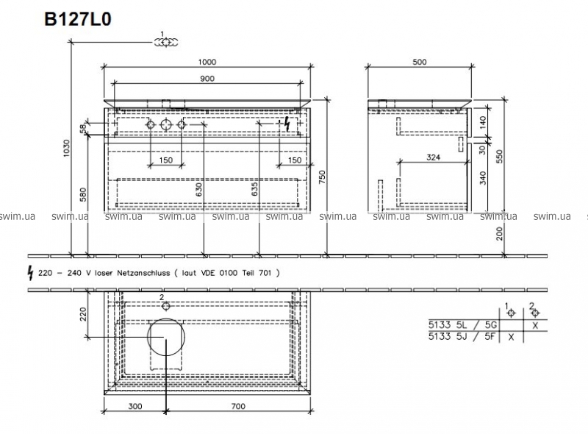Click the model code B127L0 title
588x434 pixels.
[78, 19]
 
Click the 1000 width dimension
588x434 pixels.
[207, 62]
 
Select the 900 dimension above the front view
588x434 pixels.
[207, 79]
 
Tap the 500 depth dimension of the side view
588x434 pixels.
[419, 62]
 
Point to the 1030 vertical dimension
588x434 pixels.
[66, 149]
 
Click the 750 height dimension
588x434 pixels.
[322, 177]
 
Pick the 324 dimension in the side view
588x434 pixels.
[433, 157]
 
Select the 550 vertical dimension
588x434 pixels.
[499, 157]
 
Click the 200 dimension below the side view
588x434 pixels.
[499, 233]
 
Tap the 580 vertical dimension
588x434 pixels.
[83, 194]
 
